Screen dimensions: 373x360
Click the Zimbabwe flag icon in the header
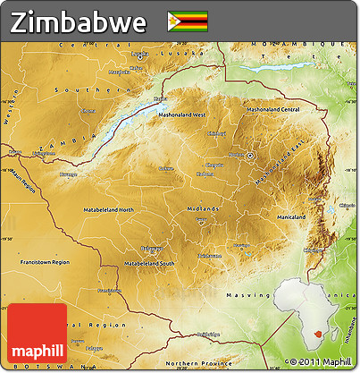coord(187,20)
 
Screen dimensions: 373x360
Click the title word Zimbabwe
coord(80,21)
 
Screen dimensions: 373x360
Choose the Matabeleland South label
coord(148,265)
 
